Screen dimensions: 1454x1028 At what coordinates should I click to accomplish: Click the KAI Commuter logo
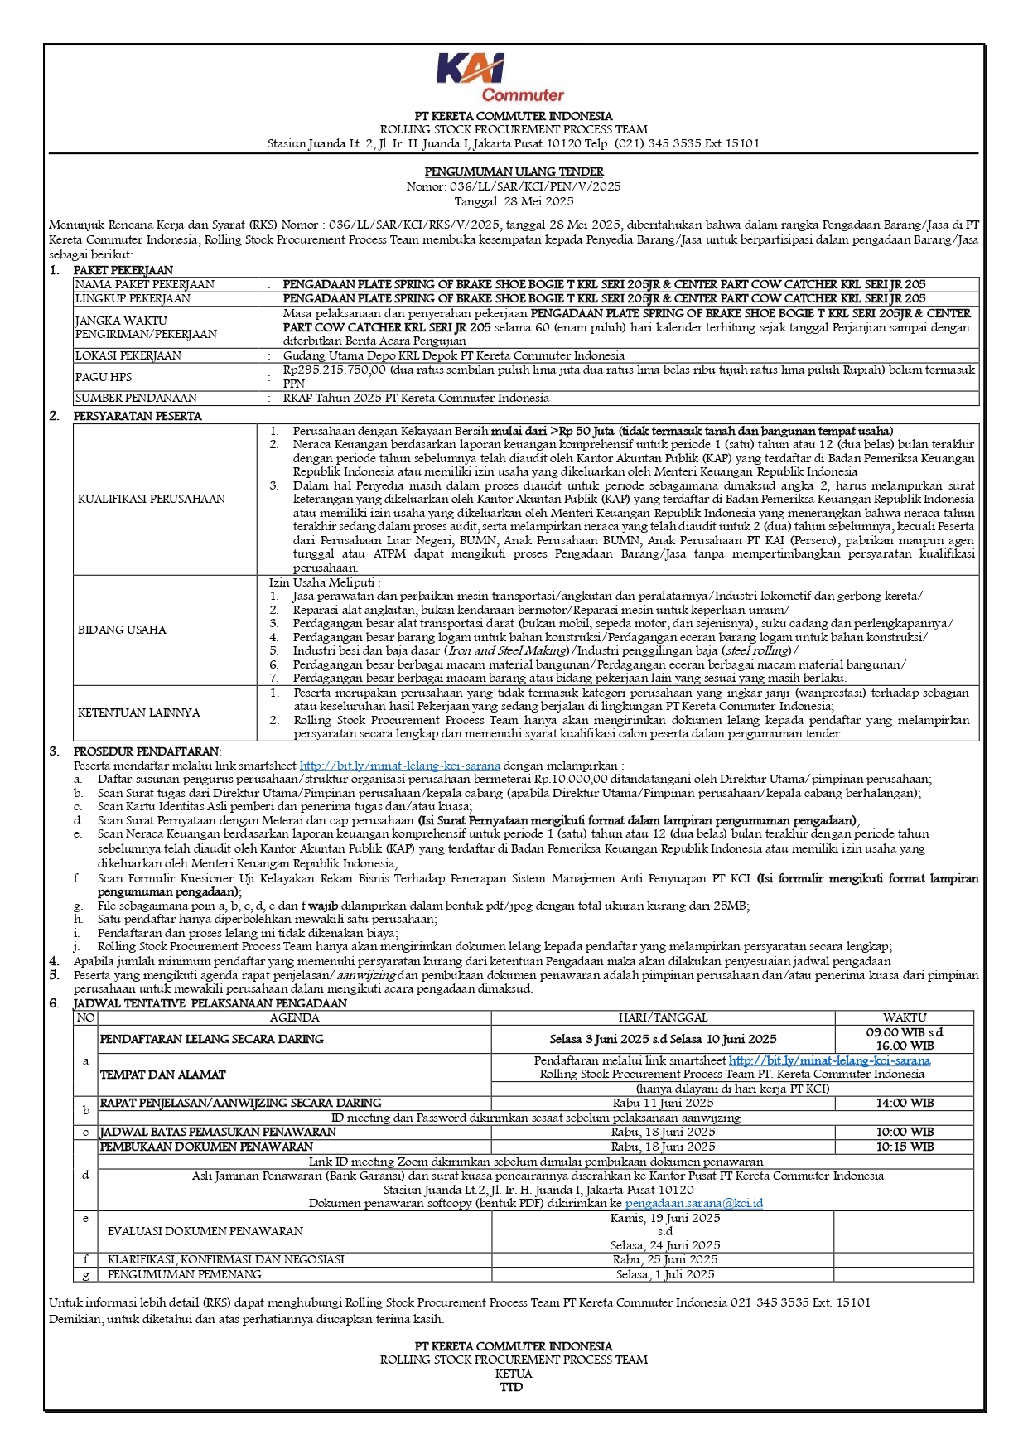pyautogui.click(x=500, y=78)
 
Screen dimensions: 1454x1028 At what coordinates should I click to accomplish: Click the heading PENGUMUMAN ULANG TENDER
pyautogui.click(x=514, y=171)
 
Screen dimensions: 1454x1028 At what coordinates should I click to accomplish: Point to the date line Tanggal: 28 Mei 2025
pyautogui.click(x=514, y=201)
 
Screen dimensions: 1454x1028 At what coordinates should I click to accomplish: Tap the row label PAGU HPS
pyautogui.click(x=103, y=377)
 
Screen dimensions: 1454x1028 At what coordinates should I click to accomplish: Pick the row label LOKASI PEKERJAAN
pyautogui.click(x=128, y=355)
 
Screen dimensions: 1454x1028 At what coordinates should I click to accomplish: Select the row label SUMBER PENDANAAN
pyautogui.click(x=136, y=398)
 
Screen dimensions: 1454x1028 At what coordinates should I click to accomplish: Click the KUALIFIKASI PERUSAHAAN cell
pyautogui.click(x=152, y=499)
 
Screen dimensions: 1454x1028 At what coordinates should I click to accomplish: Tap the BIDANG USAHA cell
pyautogui.click(x=122, y=630)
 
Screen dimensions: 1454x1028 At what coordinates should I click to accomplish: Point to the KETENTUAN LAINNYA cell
pyautogui.click(x=138, y=713)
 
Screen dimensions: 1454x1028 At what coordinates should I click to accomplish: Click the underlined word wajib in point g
pyautogui.click(x=323, y=906)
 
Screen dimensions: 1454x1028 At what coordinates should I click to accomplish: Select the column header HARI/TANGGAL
pyautogui.click(x=663, y=1017)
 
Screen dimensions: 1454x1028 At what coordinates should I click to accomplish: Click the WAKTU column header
pyautogui.click(x=904, y=1017)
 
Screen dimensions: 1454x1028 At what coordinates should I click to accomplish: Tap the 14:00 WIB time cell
pyautogui.click(x=904, y=1103)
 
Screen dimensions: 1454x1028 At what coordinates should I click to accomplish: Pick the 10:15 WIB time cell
pyautogui.click(x=904, y=1147)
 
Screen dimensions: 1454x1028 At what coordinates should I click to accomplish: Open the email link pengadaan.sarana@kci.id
pyautogui.click(x=693, y=1203)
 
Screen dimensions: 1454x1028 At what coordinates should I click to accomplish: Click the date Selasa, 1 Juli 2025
pyautogui.click(x=664, y=1274)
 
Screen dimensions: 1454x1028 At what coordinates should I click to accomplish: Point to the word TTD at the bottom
pyautogui.click(x=512, y=1387)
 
